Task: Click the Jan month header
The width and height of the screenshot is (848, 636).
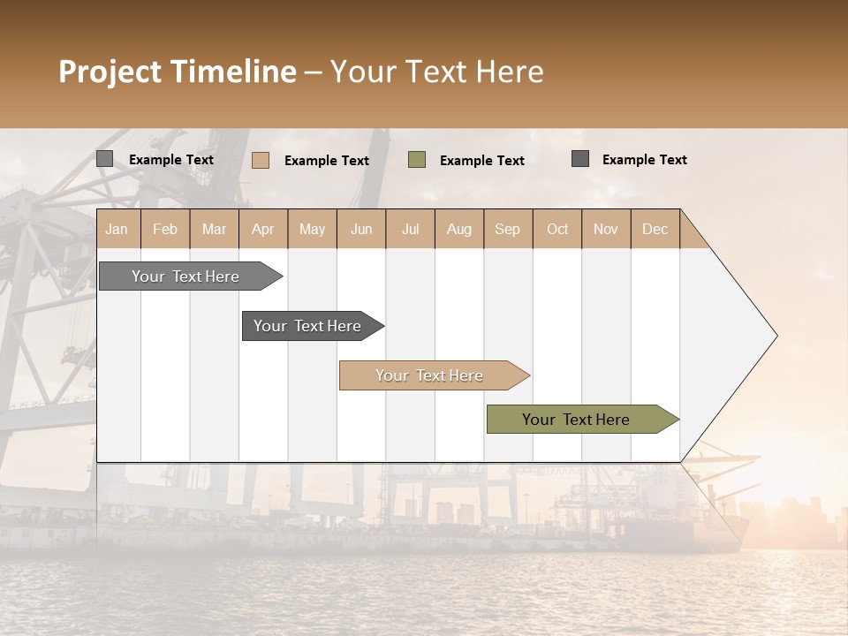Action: [117, 230]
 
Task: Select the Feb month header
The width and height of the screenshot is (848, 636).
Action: [165, 230]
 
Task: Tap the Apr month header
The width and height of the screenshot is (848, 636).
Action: [262, 230]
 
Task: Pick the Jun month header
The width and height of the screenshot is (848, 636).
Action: [361, 230]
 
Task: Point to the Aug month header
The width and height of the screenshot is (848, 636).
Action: [458, 230]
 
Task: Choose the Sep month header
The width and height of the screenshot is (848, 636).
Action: [507, 230]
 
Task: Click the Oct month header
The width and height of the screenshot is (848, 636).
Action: [557, 230]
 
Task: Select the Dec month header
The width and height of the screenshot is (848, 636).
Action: [655, 230]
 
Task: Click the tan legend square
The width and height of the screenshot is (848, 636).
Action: [261, 160]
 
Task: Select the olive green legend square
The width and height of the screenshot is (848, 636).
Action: [417, 160]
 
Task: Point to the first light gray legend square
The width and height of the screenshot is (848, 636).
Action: [105, 159]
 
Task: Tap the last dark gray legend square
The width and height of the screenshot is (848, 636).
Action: [580, 159]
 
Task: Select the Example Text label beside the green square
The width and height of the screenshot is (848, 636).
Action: [482, 161]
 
